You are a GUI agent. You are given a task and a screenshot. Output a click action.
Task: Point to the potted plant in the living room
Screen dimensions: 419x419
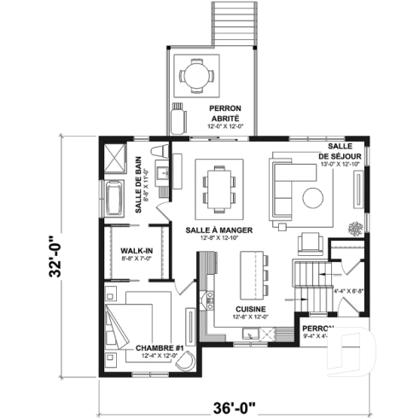click(353, 227)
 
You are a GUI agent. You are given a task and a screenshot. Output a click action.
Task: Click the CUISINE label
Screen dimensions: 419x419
click(252, 309)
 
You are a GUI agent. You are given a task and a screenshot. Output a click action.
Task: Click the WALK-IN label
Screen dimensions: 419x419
click(137, 250)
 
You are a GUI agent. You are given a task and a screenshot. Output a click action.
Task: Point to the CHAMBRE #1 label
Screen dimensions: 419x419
click(160, 348)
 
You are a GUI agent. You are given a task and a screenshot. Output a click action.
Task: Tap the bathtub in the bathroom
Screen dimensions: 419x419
click(113, 199)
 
